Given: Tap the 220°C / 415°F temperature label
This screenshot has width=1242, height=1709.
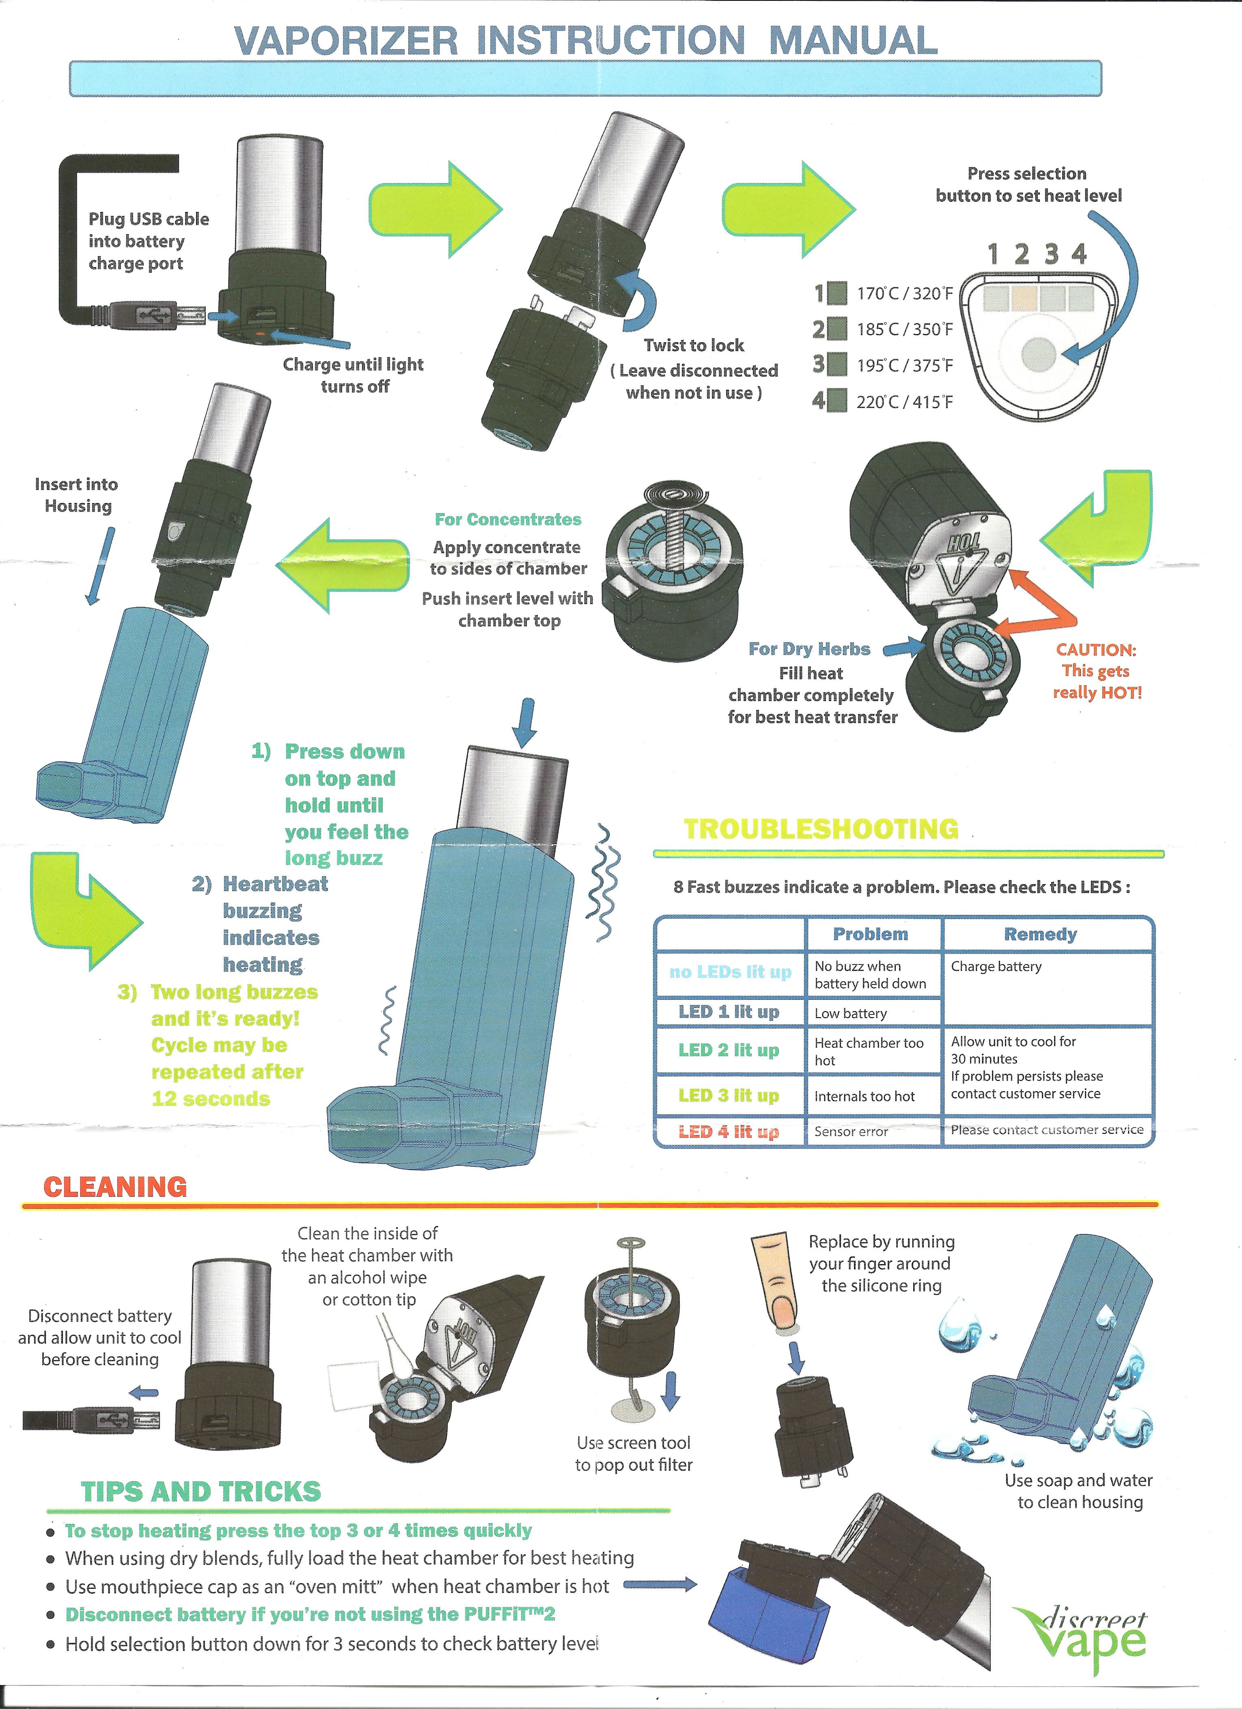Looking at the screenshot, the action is tap(904, 401).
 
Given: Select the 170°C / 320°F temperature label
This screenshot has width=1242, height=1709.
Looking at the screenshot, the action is tap(904, 293).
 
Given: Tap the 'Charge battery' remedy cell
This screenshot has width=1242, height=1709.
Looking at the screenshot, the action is tap(996, 966).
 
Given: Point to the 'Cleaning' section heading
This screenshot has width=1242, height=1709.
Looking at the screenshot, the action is tap(115, 1187).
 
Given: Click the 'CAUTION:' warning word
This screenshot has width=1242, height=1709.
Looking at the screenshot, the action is tap(1096, 650).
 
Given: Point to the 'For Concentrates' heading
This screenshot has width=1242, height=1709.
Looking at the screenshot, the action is tap(508, 519).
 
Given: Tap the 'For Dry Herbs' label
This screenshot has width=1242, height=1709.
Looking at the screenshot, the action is tap(809, 649).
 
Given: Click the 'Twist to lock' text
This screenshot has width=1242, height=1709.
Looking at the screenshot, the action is tap(693, 345).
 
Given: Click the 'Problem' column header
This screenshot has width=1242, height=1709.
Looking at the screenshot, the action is tap(871, 934).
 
